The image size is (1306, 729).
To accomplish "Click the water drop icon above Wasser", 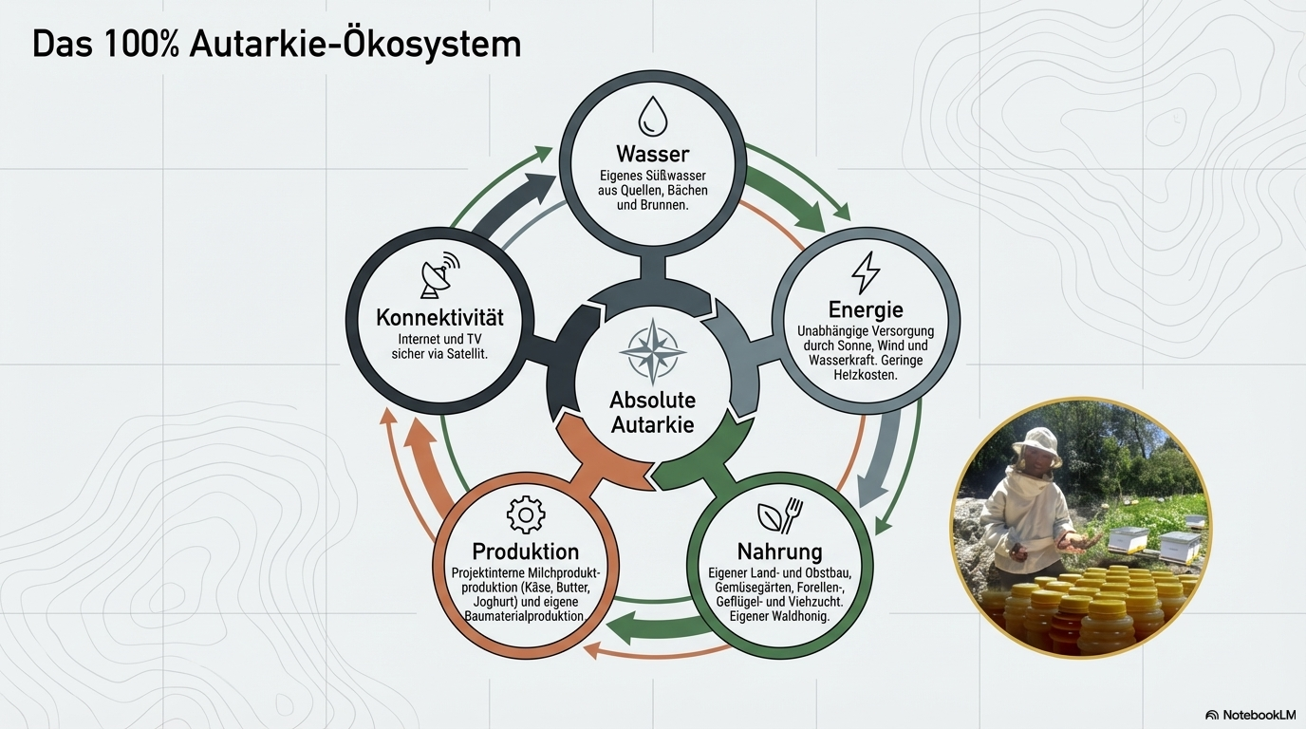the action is (x=652, y=116).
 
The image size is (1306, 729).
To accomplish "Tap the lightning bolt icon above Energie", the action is (x=866, y=272).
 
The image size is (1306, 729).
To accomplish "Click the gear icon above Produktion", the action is (x=525, y=514).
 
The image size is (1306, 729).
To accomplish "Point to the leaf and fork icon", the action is (x=780, y=515).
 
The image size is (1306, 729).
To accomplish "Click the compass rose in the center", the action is (x=652, y=351).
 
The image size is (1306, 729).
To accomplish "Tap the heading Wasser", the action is (x=652, y=154).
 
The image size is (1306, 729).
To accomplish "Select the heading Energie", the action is (x=866, y=309).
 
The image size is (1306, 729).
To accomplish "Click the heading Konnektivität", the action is (x=439, y=318).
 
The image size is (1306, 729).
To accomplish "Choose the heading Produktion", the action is (x=525, y=551).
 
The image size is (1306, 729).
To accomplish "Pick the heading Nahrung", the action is (x=779, y=551).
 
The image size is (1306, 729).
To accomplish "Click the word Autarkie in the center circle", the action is (x=652, y=425).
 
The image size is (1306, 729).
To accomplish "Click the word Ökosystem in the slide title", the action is (x=431, y=45).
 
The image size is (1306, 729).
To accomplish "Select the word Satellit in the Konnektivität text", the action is (x=465, y=353).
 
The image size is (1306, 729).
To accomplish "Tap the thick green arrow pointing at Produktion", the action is (x=656, y=626).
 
